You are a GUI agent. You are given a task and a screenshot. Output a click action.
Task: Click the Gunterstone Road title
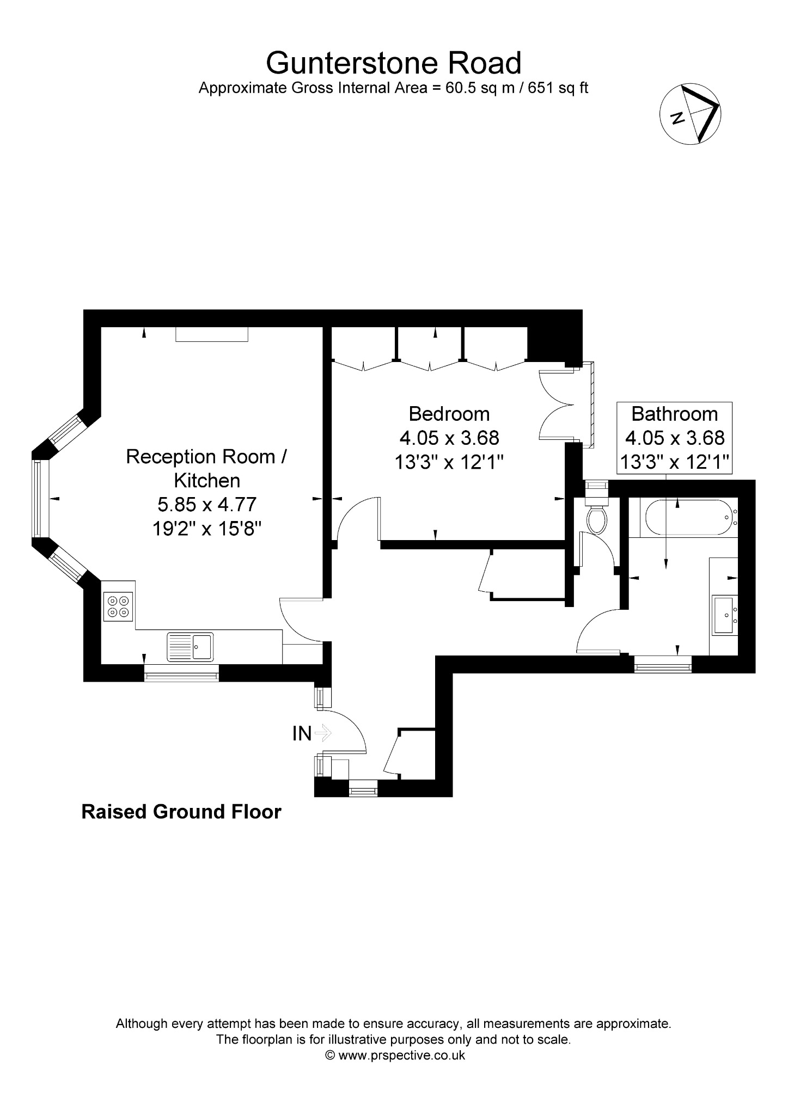[393, 63]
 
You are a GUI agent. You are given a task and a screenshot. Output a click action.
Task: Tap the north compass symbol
[691, 114]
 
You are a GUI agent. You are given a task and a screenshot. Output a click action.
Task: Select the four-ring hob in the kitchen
[119, 606]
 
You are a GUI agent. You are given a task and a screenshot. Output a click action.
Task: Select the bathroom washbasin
[724, 615]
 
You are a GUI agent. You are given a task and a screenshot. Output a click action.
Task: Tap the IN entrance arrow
[322, 733]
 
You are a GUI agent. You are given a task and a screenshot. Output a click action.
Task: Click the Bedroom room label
[449, 414]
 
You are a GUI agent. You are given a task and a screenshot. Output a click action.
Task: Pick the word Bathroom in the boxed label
[674, 414]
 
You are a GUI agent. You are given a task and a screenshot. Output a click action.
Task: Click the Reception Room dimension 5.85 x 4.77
[207, 504]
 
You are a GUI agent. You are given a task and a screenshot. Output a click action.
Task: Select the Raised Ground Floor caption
[181, 812]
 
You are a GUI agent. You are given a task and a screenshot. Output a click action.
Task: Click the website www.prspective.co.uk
[402, 1055]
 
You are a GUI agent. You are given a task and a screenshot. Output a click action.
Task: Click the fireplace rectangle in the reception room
[212, 334]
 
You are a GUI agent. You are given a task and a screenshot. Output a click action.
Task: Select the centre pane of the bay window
[37, 499]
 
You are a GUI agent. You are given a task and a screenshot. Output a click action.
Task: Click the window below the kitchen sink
[181, 673]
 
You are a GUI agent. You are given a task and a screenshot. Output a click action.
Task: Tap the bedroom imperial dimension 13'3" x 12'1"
[449, 462]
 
